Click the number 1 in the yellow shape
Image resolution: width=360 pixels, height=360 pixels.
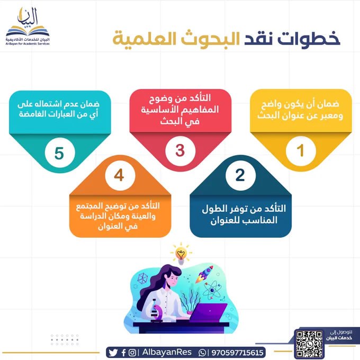(300, 150)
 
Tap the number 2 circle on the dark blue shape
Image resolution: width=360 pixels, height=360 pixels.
(240, 175)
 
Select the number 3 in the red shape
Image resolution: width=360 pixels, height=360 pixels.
(180, 150)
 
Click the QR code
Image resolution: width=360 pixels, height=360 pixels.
(310, 343)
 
